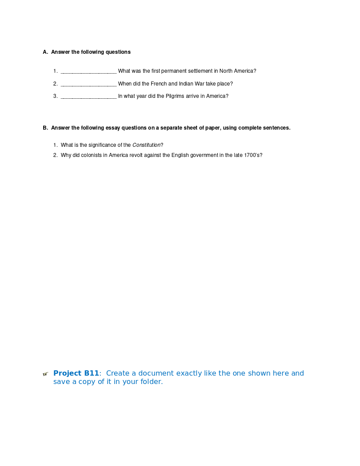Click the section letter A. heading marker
click(x=45, y=52)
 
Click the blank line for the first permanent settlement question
click(x=89, y=71)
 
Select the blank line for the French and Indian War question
click(x=89, y=84)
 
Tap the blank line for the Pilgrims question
click(x=89, y=97)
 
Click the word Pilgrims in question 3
click(x=175, y=96)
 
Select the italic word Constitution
click(x=146, y=145)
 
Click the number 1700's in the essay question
click(x=253, y=155)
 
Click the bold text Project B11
click(x=76, y=373)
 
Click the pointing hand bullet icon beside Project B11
click(x=45, y=374)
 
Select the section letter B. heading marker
click(x=45, y=128)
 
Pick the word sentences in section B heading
click(x=276, y=128)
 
